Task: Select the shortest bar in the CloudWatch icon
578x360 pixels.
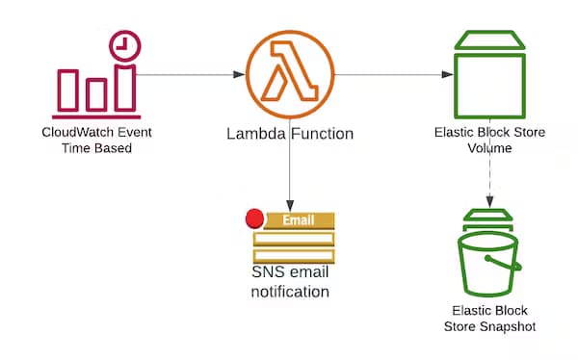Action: pos(94,94)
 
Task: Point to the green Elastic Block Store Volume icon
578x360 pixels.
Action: pos(490,72)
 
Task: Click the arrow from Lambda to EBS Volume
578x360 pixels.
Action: pos(395,74)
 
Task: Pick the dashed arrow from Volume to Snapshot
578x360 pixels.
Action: pos(490,178)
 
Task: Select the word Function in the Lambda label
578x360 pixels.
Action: pos(321,134)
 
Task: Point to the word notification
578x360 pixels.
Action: pos(290,292)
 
